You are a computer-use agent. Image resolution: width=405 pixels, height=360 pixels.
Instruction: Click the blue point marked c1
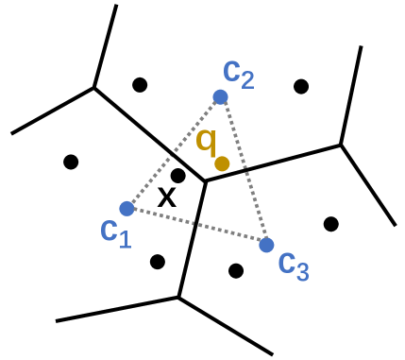127,208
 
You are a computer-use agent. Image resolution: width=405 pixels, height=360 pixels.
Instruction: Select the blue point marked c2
220,96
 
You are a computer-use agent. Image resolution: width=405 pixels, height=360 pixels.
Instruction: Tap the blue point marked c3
266,245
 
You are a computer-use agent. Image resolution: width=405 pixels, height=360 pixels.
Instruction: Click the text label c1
115,231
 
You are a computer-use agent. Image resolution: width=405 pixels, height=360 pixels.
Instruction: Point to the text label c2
238,72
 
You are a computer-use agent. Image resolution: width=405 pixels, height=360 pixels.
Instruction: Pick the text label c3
293,262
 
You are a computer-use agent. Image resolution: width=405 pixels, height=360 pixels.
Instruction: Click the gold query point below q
222,163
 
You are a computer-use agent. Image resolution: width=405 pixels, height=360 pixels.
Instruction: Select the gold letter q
207,142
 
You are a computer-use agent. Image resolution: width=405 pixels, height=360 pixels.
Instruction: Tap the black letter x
166,197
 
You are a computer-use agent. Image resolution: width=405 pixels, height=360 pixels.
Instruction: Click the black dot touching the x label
177,175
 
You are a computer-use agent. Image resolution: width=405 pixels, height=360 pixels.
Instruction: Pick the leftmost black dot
71,162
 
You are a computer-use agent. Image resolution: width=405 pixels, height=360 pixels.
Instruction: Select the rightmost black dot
330,224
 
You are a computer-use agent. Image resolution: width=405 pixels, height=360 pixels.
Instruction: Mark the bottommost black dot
236,271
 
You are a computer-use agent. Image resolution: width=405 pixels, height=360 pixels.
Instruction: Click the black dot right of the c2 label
301,87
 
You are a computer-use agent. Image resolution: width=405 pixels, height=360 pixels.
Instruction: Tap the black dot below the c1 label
158,261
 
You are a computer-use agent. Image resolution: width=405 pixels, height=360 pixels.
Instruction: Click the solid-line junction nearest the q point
205,181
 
